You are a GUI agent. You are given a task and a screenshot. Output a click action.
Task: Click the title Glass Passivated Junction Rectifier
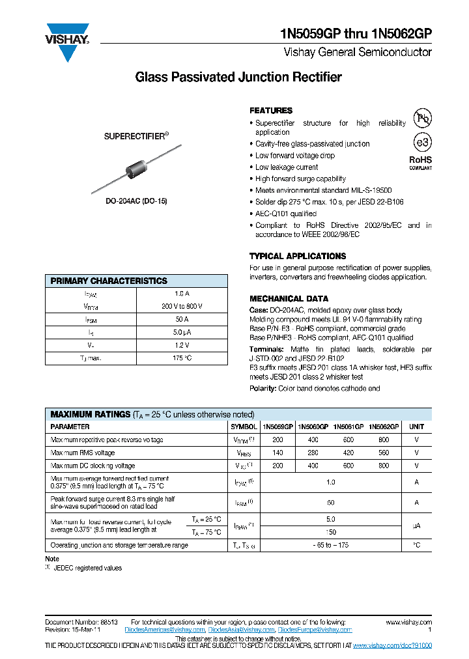[238, 77]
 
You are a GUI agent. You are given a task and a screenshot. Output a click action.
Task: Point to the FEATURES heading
[271, 111]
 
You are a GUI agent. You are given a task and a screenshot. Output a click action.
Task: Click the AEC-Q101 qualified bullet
[286, 214]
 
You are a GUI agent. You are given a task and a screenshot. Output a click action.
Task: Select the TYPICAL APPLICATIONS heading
[298, 256]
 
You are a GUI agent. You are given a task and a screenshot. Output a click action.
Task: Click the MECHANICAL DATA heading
[285, 299]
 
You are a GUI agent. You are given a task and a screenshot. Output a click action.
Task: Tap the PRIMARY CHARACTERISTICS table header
[109, 281]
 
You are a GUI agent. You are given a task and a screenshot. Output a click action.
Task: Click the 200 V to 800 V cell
[182, 306]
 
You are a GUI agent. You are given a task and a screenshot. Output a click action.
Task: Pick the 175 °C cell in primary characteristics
[182, 358]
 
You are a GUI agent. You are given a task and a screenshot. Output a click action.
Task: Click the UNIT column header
[416, 427]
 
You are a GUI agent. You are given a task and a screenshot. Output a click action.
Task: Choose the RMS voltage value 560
[384, 453]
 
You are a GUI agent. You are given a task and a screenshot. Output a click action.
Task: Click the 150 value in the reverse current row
[331, 532]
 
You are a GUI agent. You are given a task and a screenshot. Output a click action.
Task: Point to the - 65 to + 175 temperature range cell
[331, 545]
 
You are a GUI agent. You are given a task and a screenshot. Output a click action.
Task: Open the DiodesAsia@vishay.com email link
[242, 630]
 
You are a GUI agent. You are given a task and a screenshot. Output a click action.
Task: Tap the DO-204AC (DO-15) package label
[137, 201]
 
